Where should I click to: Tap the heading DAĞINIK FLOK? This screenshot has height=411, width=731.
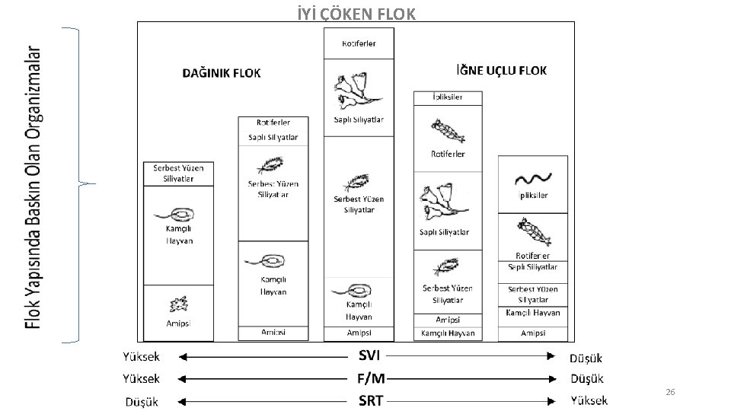click(x=222, y=73)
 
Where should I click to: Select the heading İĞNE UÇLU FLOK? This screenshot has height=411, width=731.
click(x=500, y=70)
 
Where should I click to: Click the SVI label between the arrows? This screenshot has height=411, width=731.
click(x=369, y=355)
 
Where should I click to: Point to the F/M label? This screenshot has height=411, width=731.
click(x=371, y=378)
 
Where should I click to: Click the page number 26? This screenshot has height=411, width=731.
click(x=670, y=392)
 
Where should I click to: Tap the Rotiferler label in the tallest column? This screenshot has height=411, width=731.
click(x=359, y=43)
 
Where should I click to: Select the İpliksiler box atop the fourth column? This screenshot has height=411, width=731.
click(x=448, y=97)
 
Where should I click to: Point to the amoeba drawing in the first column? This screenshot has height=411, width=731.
click(x=179, y=305)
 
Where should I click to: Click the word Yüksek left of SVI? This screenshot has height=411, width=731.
click(x=142, y=356)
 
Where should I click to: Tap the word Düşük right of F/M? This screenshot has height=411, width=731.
click(x=586, y=378)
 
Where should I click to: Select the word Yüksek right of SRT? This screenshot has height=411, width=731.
click(x=589, y=400)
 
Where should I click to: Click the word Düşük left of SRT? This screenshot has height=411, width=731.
click(x=142, y=401)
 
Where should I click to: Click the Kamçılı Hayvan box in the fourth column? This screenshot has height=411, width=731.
click(x=448, y=333)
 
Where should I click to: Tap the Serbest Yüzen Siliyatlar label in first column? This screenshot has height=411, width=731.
click(x=178, y=173)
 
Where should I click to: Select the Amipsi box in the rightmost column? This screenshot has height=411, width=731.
click(x=533, y=333)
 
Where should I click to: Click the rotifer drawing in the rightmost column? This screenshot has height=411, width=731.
click(x=533, y=231)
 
